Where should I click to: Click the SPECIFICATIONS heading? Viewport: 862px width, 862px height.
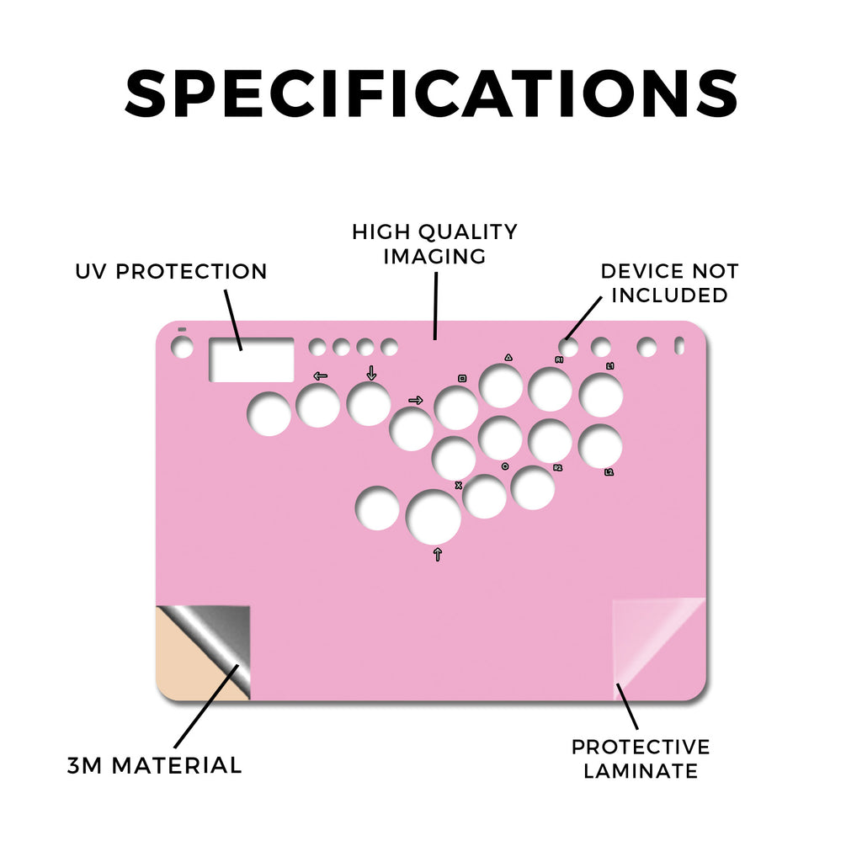pos(431,93)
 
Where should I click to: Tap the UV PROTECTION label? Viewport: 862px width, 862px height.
pos(171,271)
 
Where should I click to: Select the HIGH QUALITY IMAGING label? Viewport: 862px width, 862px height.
pos(434,243)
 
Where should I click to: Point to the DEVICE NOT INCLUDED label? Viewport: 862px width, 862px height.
pos(669,283)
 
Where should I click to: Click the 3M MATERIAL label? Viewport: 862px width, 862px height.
pos(155,765)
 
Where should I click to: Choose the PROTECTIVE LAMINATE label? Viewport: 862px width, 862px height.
pos(641,758)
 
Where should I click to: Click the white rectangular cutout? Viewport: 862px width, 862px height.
pos(251,359)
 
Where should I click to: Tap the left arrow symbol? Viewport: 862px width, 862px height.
pos(320,376)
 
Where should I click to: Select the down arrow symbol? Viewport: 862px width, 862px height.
pos(371,373)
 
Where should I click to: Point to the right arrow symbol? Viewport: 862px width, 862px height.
pos(416,400)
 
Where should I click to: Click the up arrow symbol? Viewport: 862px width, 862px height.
pos(438,554)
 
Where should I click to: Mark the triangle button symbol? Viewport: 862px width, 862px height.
pos(508,357)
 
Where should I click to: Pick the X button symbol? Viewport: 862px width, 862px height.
pos(459,486)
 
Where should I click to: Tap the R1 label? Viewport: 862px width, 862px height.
pos(559,359)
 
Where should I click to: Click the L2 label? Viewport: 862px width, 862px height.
pos(609,471)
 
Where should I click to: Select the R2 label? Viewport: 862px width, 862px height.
pos(557,467)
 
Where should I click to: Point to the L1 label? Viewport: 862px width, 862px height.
pos(609,365)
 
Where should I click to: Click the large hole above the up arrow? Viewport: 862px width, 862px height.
pos(434,517)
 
